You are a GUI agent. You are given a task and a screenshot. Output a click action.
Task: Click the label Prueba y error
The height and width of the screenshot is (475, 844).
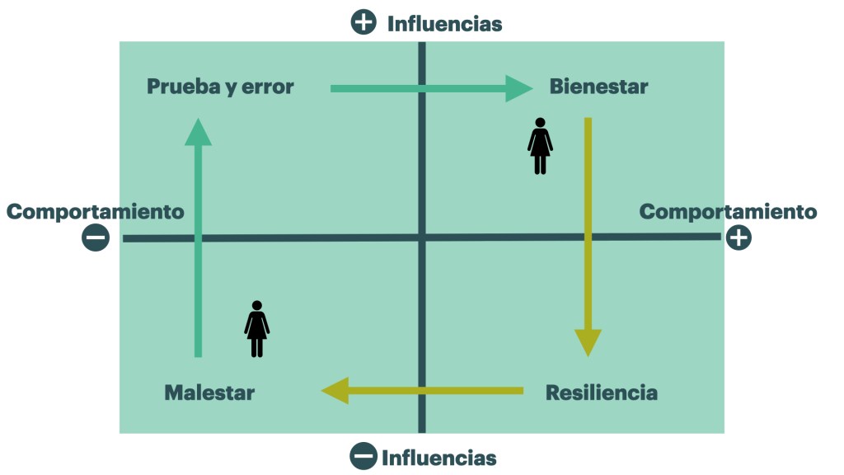pos(220,87)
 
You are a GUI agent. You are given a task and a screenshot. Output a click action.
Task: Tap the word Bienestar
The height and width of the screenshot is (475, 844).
pos(598,87)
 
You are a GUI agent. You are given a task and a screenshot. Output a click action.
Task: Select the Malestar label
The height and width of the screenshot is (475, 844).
pos(209,393)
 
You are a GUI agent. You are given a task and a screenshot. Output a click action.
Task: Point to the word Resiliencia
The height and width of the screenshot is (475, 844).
pos(602,393)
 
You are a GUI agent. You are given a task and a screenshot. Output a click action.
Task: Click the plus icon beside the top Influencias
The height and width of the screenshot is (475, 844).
pos(363,22)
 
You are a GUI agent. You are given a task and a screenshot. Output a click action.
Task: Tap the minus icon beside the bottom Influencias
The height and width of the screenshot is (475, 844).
pos(363,456)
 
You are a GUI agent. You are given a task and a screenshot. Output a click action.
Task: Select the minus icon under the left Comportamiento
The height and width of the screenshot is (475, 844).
pos(96,238)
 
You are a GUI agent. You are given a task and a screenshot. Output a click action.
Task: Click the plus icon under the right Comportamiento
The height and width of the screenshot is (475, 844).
pos(738,238)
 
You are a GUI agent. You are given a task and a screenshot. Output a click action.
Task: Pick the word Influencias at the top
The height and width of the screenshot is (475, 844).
pos(444,24)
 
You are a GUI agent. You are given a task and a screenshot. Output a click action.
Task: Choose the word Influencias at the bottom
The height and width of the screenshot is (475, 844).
pos(438,457)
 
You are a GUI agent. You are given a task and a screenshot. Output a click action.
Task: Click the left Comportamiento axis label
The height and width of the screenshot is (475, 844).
pos(96,212)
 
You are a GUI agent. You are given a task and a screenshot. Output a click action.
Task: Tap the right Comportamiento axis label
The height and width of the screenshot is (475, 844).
pos(728,212)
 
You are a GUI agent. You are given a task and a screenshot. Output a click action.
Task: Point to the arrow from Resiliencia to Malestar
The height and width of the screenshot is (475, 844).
pos(422,390)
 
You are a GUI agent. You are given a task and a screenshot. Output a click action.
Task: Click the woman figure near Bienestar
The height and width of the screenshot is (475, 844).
pos(540,147)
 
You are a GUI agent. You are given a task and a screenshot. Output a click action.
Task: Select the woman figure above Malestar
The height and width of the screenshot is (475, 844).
pos(257,329)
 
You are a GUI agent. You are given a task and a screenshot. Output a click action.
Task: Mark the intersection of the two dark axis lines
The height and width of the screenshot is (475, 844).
pos(422,237)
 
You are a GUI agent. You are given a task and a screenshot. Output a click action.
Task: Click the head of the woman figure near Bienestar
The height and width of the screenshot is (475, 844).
pos(540,124)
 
